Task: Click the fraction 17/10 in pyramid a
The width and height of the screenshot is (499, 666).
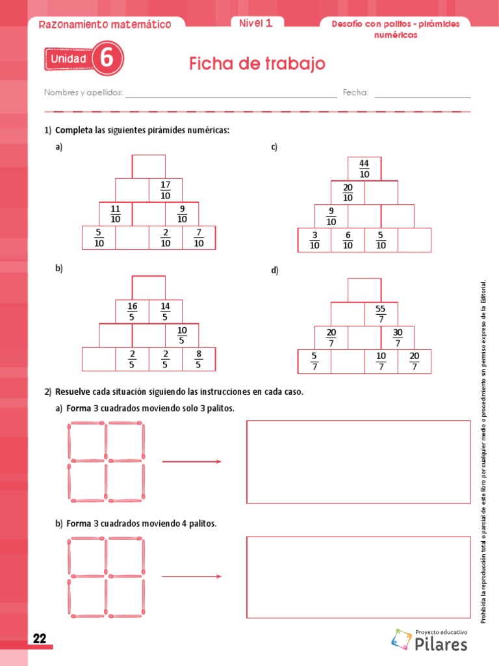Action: [165, 190]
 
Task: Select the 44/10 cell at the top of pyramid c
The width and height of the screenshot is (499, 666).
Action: [364, 168]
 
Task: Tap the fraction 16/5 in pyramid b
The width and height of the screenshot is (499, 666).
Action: [132, 312]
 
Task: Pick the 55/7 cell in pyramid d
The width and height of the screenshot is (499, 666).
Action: [381, 314]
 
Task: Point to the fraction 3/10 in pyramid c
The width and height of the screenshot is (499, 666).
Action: [314, 240]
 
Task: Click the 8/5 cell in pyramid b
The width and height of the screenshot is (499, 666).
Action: [198, 359]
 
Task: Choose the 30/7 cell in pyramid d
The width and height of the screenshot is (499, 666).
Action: [398, 338]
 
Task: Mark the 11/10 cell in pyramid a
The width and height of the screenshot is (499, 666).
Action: [116, 214]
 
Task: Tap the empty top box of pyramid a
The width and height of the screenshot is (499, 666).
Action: [149, 166]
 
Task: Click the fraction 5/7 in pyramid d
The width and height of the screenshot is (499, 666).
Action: [314, 361]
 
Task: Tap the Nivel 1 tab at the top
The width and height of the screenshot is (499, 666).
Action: [255, 23]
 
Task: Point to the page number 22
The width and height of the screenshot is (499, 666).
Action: [40, 639]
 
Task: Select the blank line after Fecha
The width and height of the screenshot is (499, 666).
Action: [422, 95]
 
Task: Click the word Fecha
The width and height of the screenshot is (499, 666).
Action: [355, 92]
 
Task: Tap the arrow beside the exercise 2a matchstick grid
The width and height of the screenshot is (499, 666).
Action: [192, 462]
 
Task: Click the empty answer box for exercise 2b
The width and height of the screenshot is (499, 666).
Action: [358, 577]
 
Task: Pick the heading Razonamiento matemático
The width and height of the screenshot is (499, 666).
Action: [105, 25]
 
